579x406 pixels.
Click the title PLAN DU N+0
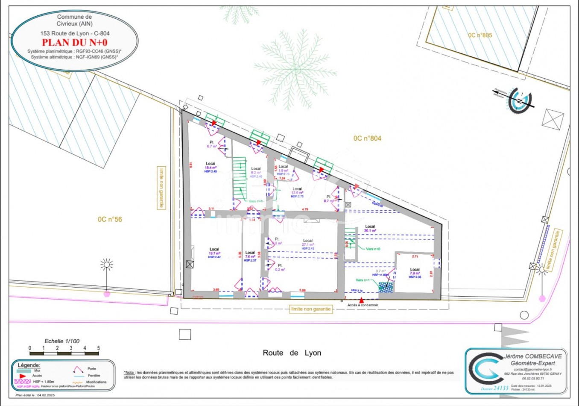[75, 42]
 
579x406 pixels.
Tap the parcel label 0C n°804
[367, 138]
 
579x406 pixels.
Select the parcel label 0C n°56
[110, 219]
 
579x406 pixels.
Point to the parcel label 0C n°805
[480, 35]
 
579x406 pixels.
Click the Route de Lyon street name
[292, 353]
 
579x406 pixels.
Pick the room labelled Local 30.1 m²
[370, 229]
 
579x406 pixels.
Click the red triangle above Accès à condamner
[361, 300]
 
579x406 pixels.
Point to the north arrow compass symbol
[519, 101]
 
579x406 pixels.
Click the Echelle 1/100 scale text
[62, 341]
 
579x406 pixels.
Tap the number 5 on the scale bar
[98, 348]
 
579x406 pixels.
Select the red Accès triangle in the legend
[23, 376]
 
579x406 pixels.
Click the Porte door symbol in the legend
[78, 369]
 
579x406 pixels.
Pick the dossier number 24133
[501, 388]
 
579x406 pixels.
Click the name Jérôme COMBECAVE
[533, 356]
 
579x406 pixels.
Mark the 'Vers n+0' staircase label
[373, 249]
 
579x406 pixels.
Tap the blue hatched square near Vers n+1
[386, 287]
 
